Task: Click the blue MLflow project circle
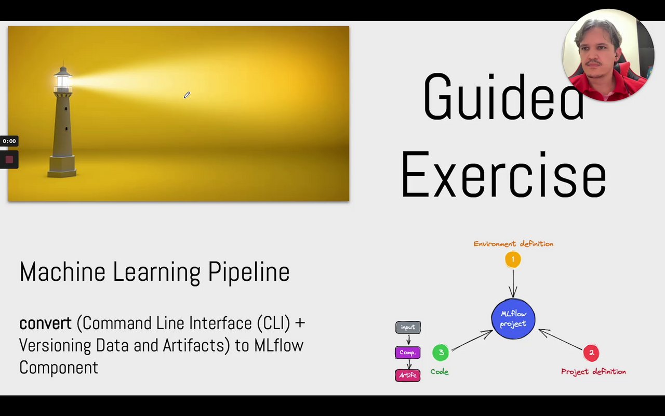(x=513, y=319)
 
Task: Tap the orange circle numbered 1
(x=513, y=259)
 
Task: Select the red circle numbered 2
(x=591, y=353)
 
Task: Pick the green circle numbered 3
(x=441, y=353)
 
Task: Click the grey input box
(x=408, y=328)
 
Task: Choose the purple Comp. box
(x=408, y=353)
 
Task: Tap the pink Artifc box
(x=408, y=375)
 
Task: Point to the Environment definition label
(x=513, y=244)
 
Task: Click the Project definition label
(x=593, y=372)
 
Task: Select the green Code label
(x=440, y=372)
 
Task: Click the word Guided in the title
(x=504, y=97)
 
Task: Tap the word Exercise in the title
(x=504, y=174)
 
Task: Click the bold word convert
(x=45, y=323)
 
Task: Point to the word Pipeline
(x=249, y=272)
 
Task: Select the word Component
(x=59, y=368)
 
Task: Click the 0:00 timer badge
(x=9, y=141)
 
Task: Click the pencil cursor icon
(x=187, y=95)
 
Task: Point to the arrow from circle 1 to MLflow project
(x=513, y=283)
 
